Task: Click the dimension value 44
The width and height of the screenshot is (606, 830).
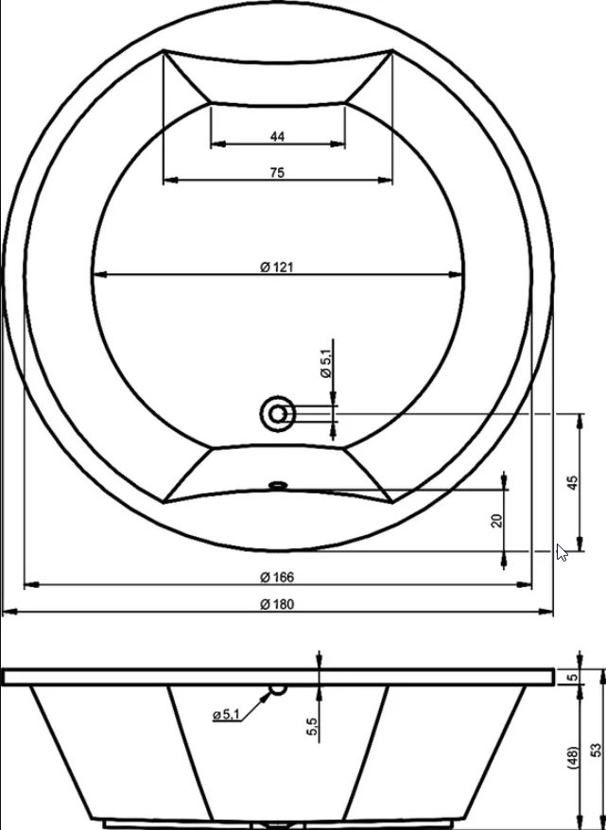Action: coord(277,136)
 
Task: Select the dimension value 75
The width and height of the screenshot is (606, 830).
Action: coord(277,173)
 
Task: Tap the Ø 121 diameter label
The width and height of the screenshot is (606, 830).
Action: coord(276,268)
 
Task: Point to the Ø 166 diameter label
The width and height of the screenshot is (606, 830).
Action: coord(277,577)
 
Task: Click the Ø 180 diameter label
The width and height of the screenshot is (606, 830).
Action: coord(277,604)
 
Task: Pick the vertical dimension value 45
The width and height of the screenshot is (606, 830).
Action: coord(573,483)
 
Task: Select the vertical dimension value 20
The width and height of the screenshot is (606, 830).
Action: coord(497,521)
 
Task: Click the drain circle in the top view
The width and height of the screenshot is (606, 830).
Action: coord(278,414)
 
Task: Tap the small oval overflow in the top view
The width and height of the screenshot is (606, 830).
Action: coord(278,484)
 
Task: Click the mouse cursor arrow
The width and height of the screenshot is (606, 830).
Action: coord(562,552)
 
